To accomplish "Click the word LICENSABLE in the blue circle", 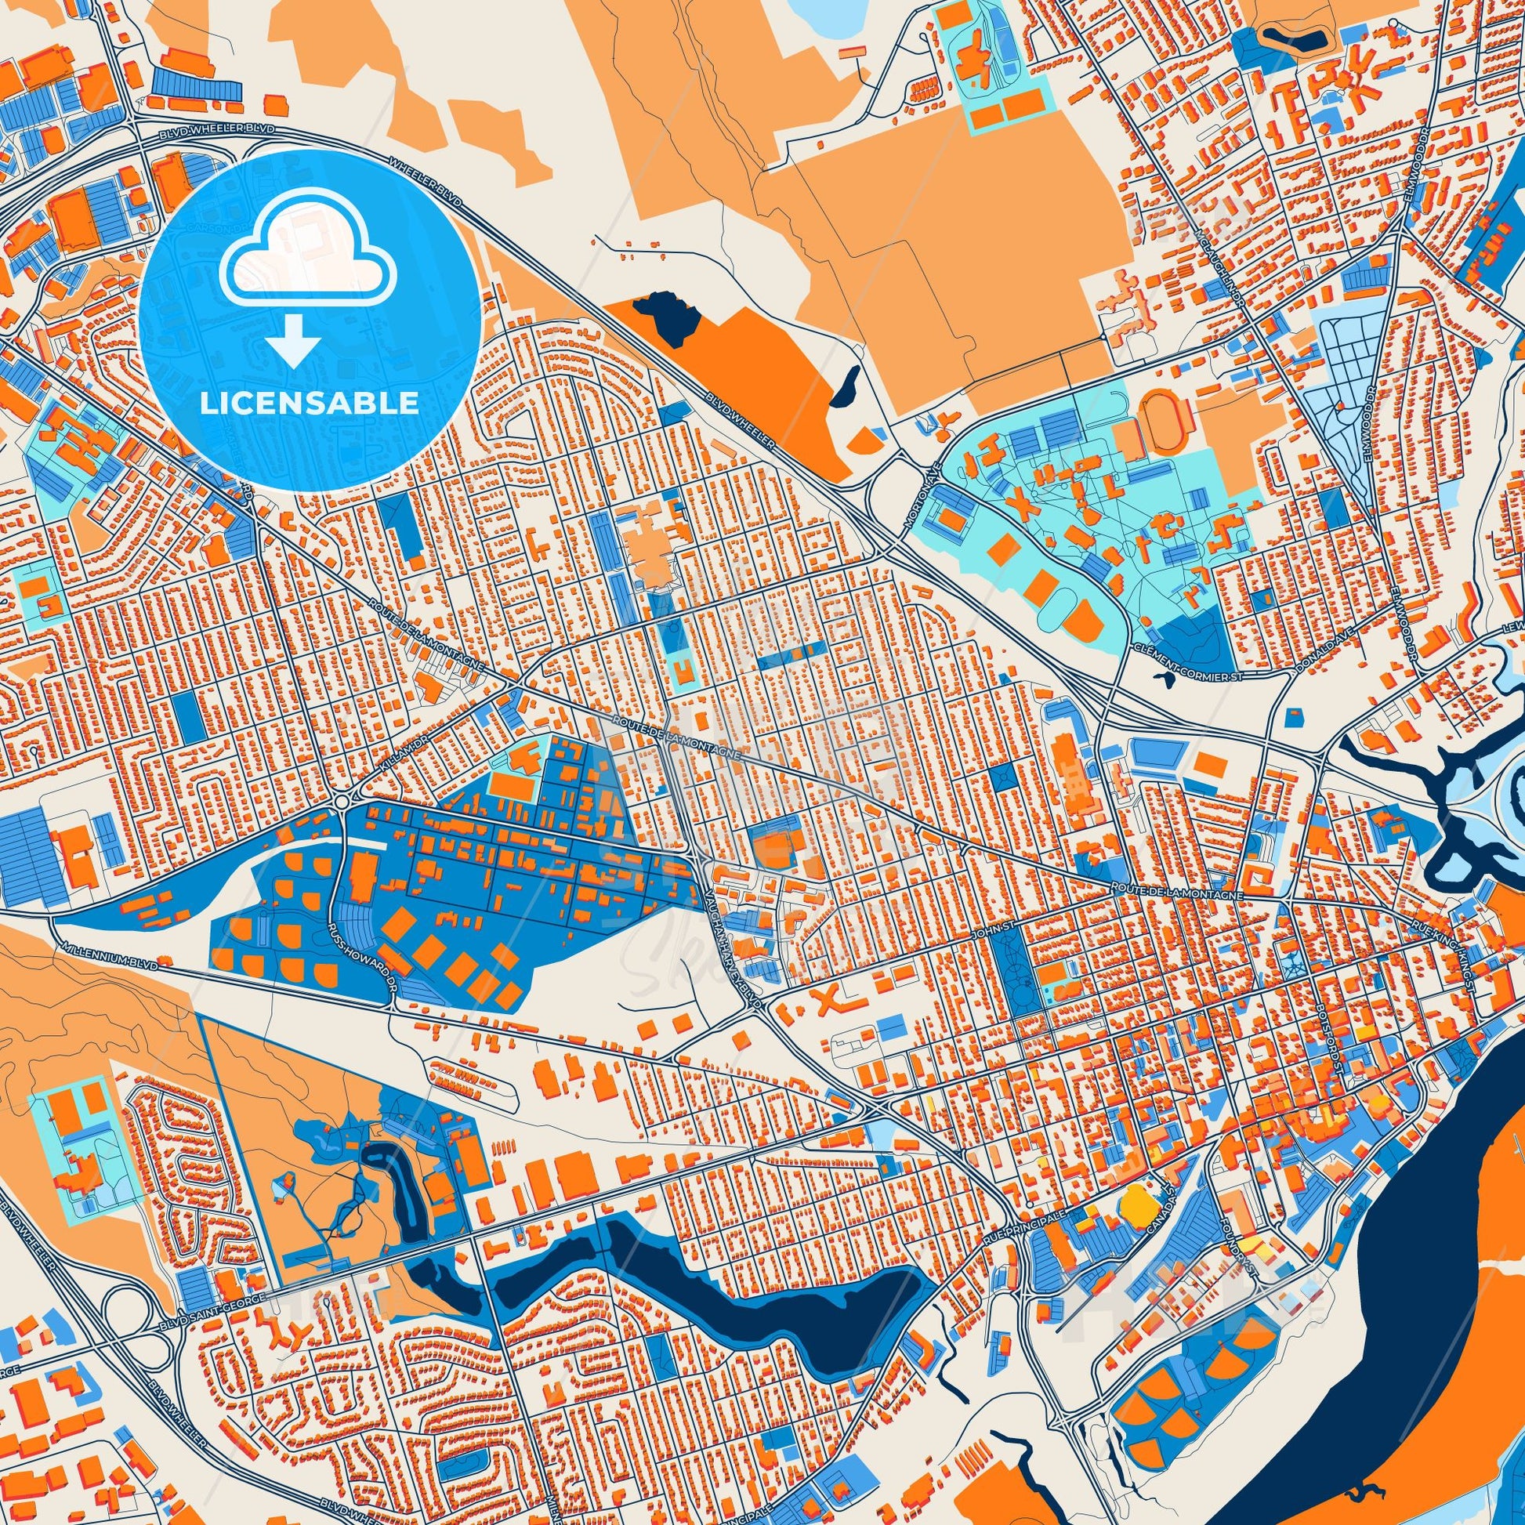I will (x=310, y=404).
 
